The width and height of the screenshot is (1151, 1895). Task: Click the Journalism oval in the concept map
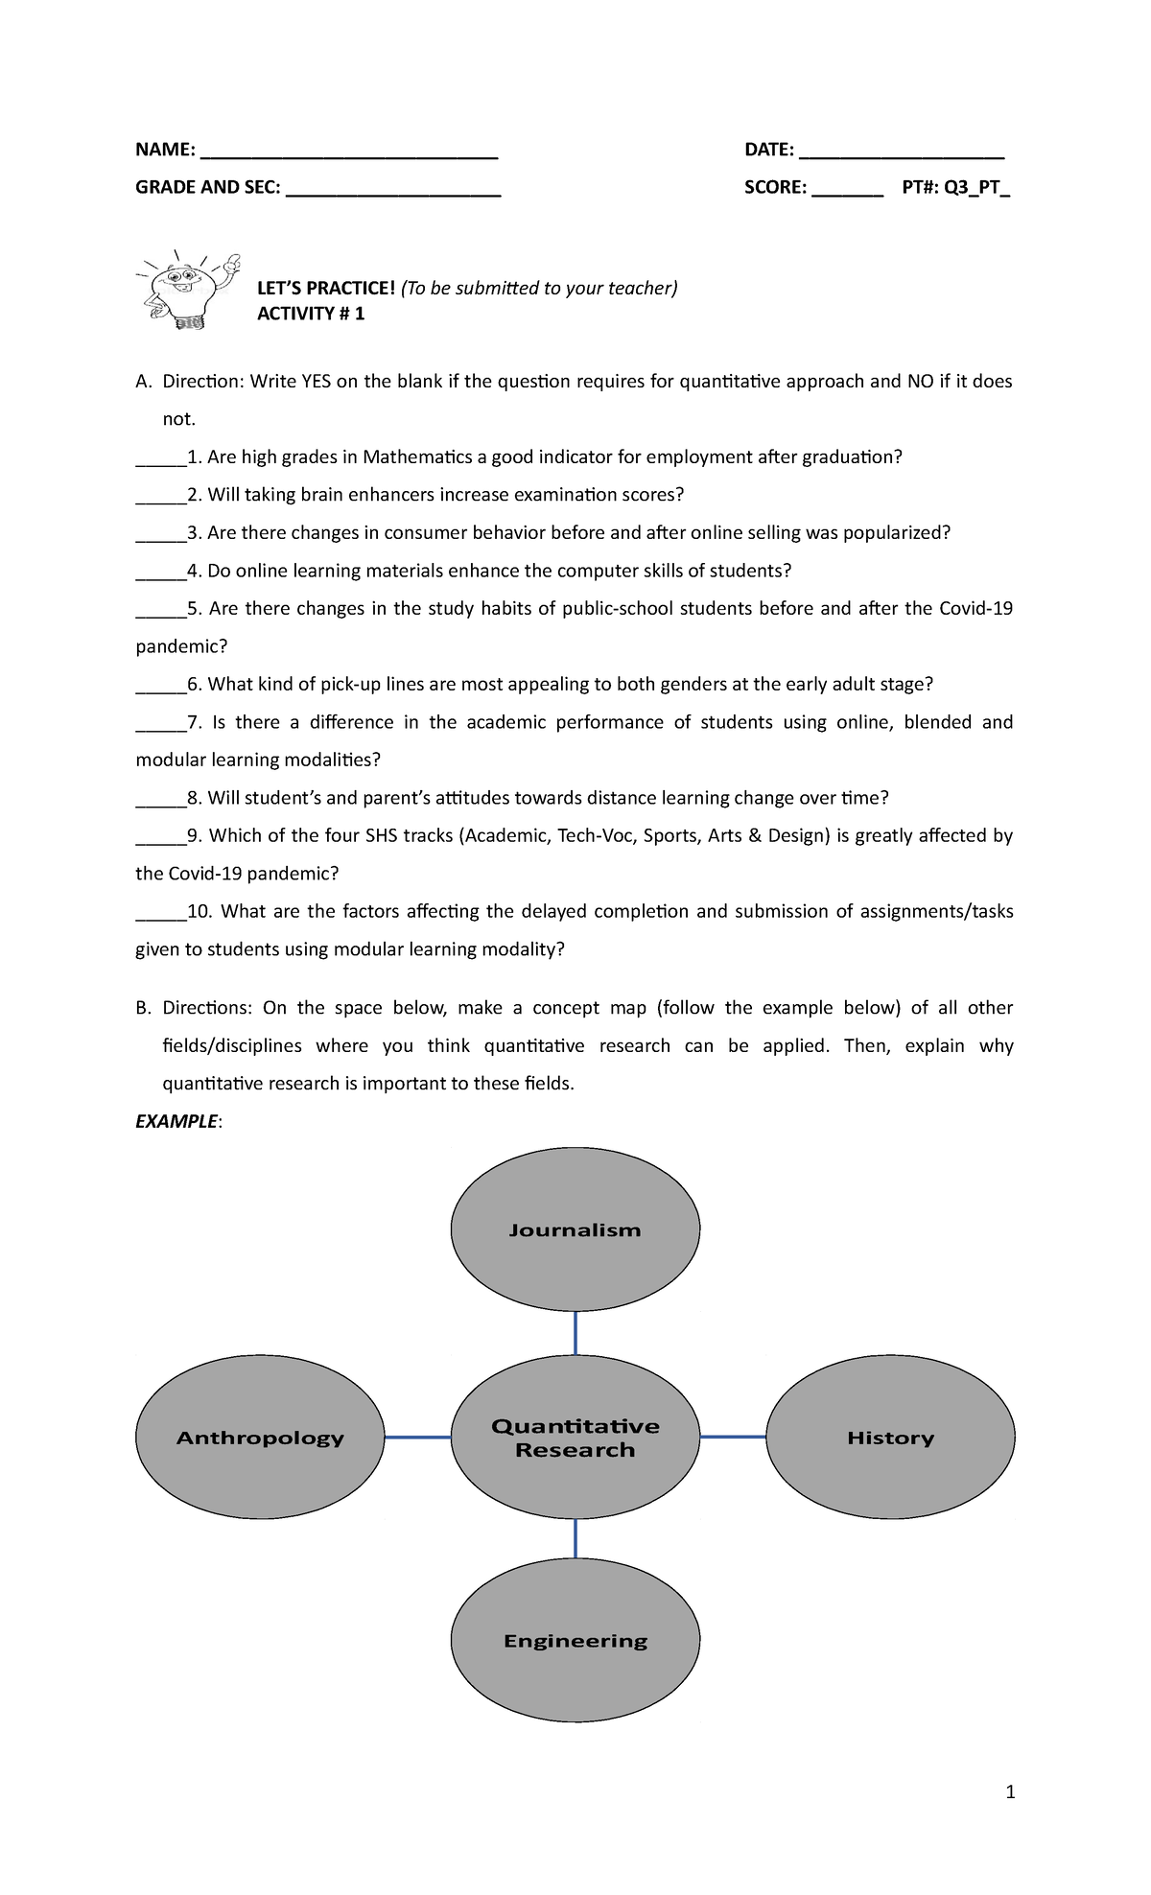pyautogui.click(x=575, y=1230)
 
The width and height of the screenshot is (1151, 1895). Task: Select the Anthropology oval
pyautogui.click(x=260, y=1438)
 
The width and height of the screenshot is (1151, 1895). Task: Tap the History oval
pyautogui.click(x=890, y=1438)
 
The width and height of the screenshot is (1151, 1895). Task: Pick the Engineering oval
pyautogui.click(x=575, y=1641)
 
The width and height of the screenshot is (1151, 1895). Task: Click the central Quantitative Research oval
pyautogui.click(x=575, y=1438)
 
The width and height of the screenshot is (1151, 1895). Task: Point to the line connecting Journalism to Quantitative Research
pyautogui.click(x=575, y=1333)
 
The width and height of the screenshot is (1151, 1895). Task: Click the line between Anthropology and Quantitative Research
pyautogui.click(x=417, y=1438)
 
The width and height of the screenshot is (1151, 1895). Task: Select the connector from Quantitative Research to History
pyautogui.click(x=733, y=1437)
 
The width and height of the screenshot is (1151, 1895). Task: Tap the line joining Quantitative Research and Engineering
pyautogui.click(x=575, y=1538)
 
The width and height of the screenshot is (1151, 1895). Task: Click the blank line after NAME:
pyautogui.click(x=349, y=153)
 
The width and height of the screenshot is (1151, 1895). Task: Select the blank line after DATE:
pyautogui.click(x=902, y=153)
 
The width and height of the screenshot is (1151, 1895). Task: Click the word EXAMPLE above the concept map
pyautogui.click(x=176, y=1121)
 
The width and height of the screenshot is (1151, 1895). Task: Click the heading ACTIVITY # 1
pyautogui.click(x=311, y=314)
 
